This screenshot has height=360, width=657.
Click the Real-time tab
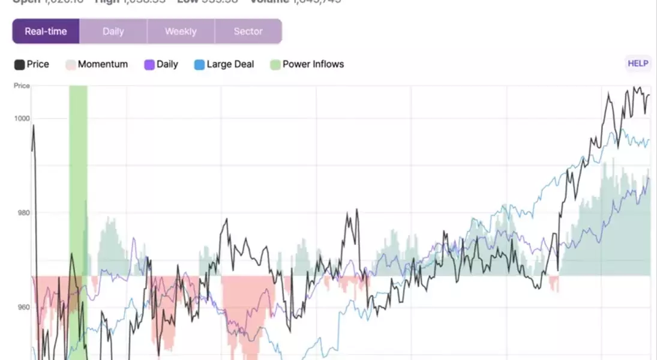(x=46, y=31)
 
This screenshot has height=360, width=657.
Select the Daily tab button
(x=113, y=31)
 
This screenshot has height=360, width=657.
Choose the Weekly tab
(x=181, y=31)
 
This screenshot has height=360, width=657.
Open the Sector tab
(x=248, y=31)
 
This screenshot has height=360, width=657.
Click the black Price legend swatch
(x=19, y=65)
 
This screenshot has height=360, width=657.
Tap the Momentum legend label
(x=103, y=64)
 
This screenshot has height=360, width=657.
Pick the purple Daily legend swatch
(x=149, y=65)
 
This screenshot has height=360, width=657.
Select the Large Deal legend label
(x=230, y=64)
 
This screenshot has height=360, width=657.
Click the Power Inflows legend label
(x=313, y=64)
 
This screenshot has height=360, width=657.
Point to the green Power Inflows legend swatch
(x=275, y=65)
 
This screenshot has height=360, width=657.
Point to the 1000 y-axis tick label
(x=22, y=118)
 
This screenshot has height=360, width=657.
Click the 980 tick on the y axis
(x=22, y=212)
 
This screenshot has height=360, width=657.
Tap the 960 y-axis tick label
(x=22, y=307)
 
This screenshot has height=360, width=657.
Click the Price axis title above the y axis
(x=22, y=86)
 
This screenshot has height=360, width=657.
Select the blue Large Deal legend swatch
(x=200, y=65)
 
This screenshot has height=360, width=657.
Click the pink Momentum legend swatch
(x=71, y=65)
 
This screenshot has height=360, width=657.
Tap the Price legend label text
(x=38, y=64)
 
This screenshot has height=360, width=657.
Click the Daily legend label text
(x=167, y=64)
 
